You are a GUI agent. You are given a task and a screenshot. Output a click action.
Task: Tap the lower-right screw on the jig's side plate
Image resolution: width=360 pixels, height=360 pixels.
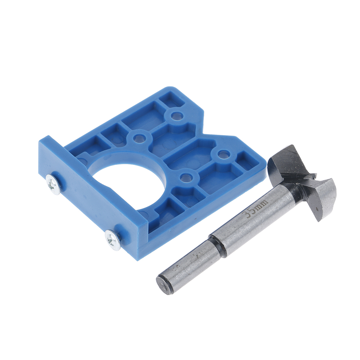click(x=113, y=239)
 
